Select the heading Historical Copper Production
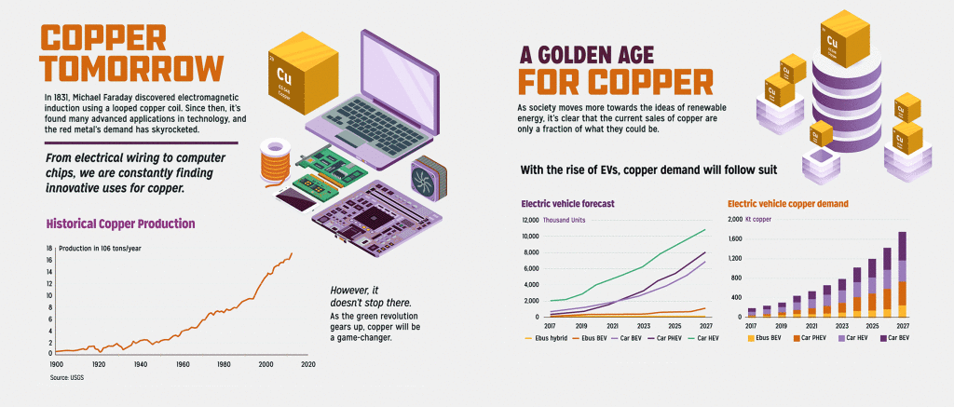120,224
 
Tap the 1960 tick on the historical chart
183,365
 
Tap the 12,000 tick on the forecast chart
529,221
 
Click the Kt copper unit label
759,220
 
